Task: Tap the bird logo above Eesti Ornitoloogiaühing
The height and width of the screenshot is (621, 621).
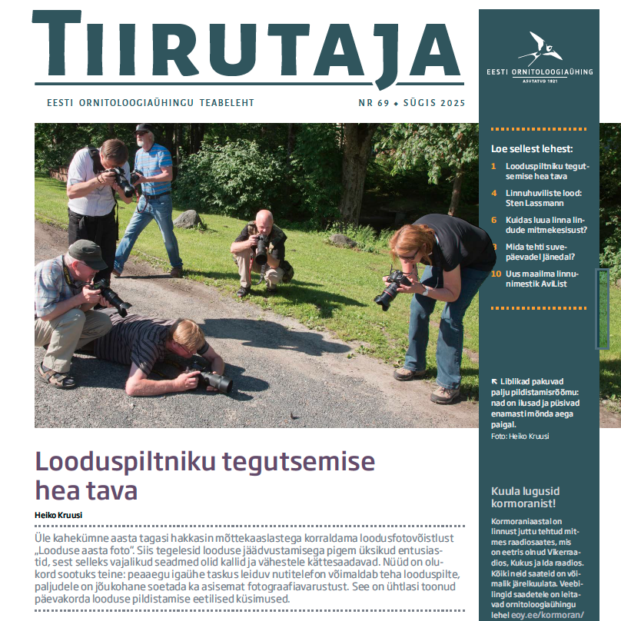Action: coord(540,48)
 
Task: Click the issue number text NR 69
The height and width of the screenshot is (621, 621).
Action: coord(374,102)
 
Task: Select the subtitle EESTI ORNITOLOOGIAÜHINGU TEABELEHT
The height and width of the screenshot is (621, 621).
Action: coord(151,102)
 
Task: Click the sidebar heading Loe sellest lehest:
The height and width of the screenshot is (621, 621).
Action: coord(532,149)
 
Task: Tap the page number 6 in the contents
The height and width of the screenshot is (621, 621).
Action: coord(494,220)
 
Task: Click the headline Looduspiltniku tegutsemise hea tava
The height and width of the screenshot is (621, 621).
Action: coord(205,475)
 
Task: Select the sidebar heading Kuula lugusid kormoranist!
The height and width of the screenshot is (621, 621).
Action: coord(526,497)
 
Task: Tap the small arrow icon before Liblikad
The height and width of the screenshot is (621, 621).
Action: coord(494,381)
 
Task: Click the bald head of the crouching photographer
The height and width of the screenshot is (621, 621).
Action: coord(264,219)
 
